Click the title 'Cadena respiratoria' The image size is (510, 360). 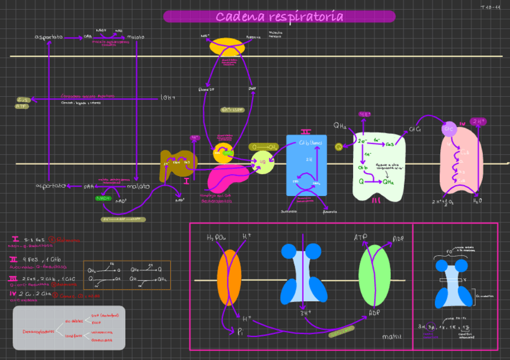(280, 17)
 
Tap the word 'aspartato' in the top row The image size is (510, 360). (49, 37)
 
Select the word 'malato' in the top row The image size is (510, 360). (135, 37)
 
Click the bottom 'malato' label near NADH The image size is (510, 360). (138, 186)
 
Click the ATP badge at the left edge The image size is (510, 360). (22, 106)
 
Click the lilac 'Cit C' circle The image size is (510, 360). (449, 129)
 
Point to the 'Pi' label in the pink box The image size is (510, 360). (241, 331)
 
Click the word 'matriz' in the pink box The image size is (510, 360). (392, 337)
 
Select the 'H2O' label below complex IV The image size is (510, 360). (477, 201)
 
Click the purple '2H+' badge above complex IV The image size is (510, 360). (479, 121)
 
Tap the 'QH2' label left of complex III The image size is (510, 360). (340, 126)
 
